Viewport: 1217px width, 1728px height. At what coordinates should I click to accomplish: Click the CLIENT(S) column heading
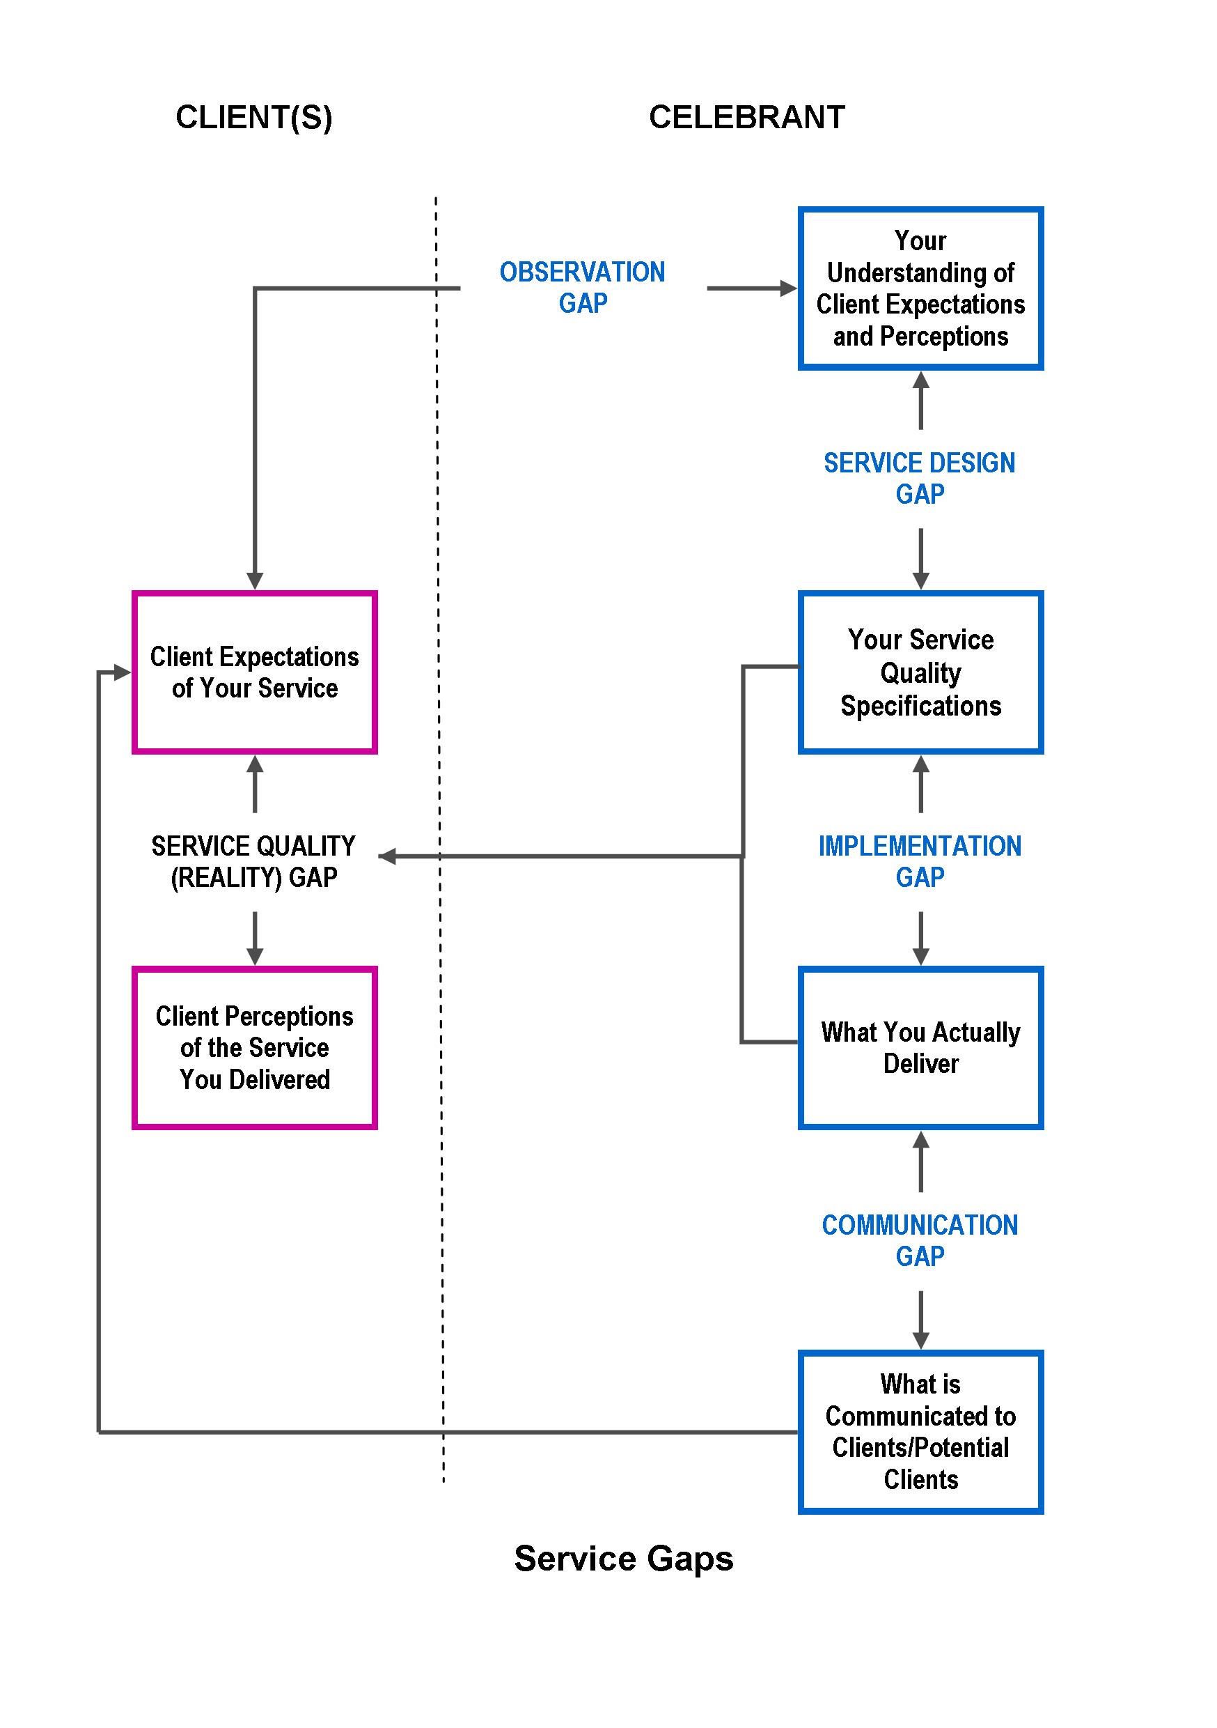click(253, 118)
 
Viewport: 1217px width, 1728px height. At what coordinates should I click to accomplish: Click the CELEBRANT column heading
click(746, 118)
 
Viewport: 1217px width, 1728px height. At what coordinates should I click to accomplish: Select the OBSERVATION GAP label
click(582, 288)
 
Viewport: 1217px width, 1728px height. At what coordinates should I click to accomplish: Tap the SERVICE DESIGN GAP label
click(919, 478)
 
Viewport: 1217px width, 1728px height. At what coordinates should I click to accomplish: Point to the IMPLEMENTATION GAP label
click(919, 861)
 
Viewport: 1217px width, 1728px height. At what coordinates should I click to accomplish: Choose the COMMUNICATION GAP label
click(919, 1240)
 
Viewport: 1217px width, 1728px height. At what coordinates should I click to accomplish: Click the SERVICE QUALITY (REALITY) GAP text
click(253, 861)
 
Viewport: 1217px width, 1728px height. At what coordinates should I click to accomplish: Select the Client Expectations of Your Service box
click(254, 672)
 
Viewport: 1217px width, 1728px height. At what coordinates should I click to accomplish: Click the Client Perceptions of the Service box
click(254, 1048)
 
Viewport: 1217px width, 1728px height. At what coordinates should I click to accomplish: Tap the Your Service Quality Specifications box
click(920, 672)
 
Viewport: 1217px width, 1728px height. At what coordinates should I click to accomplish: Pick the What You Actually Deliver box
click(920, 1048)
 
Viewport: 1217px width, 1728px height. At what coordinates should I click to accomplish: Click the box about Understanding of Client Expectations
click(920, 288)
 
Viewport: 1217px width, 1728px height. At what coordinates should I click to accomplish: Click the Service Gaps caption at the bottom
click(624, 1558)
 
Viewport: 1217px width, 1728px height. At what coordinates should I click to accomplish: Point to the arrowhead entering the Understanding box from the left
click(787, 288)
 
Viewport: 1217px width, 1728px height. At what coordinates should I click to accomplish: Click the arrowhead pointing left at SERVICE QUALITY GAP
click(387, 856)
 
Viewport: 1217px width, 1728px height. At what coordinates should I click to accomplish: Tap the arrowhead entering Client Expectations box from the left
click(122, 672)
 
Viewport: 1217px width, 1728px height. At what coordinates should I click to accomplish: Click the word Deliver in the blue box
click(920, 1063)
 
